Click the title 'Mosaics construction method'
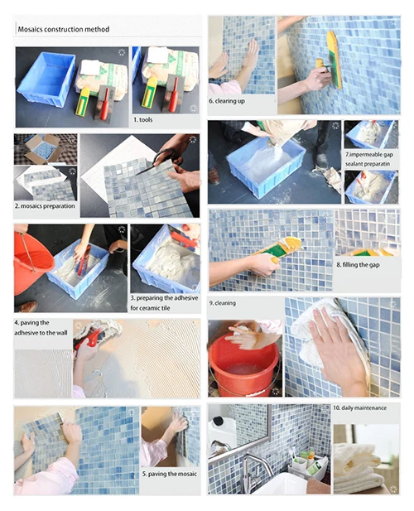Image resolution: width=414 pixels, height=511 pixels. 64,29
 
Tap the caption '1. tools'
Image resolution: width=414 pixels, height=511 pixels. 142,120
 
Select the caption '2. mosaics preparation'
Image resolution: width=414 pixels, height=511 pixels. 45,206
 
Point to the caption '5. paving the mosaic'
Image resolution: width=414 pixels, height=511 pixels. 170,474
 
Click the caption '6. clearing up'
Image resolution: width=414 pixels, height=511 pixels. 227,101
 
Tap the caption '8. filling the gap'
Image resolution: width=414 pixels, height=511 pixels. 358,265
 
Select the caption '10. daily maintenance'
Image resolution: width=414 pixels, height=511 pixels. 359,407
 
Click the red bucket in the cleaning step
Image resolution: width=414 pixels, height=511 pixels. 243,362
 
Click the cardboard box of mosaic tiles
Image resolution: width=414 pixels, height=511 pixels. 43,148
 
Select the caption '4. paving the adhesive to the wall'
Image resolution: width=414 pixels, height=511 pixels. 41,328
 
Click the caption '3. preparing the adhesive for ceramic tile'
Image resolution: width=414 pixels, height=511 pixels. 164,303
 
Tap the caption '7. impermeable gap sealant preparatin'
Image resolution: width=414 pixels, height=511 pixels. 369,159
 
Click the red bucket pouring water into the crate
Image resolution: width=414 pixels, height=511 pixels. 32,261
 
